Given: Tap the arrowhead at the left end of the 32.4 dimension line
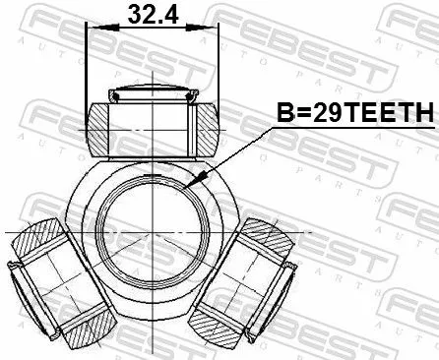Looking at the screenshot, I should [92, 29].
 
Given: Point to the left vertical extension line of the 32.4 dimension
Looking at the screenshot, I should [87, 69].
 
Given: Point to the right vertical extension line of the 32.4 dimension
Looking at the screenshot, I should [217, 69].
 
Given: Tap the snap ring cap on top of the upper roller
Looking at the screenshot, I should [152, 95].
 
